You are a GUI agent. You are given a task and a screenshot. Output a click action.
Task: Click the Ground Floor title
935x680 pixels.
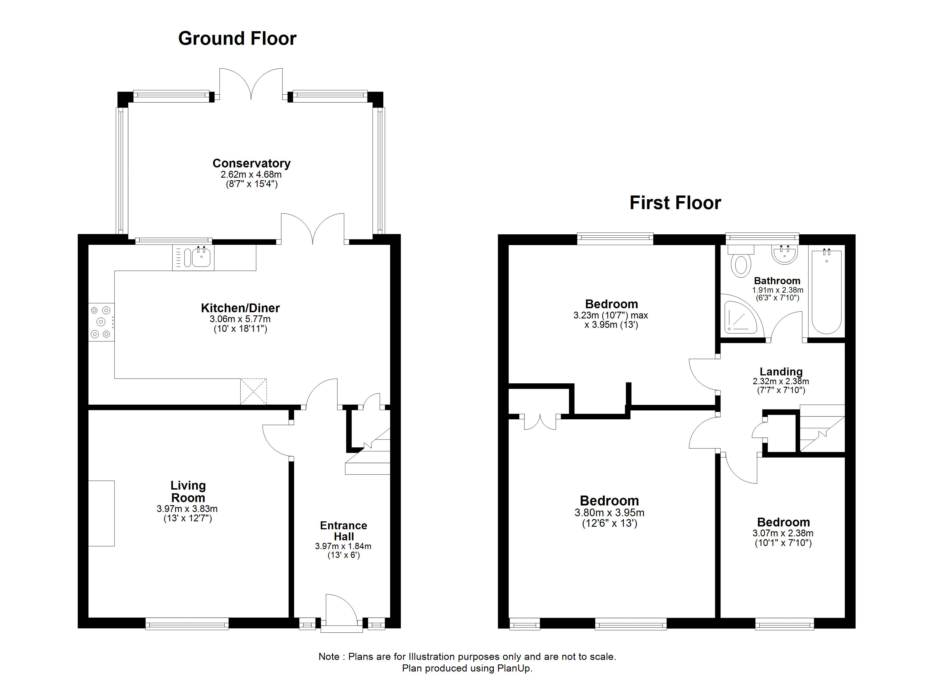pos(237,39)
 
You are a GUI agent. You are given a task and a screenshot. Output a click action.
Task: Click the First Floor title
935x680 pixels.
pos(675,203)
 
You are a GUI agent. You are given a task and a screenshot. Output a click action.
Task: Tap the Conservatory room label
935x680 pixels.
pos(252,163)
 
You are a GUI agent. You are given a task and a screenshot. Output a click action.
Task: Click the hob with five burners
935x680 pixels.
pos(101,322)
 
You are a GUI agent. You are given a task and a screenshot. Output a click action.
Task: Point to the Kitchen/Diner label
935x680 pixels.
pos(240,308)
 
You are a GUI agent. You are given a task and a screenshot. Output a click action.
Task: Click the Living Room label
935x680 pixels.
pos(188,492)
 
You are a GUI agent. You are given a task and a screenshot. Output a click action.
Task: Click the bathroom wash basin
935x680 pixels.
pos(785,255)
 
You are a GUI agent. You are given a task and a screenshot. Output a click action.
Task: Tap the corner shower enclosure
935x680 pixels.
pos(740,317)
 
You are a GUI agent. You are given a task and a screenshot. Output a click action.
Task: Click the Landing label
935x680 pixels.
pos(781,371)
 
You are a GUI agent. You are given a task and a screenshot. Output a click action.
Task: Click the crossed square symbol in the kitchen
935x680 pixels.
pos(254,391)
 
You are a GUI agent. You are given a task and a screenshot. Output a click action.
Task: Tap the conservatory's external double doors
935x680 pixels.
pos(251,84)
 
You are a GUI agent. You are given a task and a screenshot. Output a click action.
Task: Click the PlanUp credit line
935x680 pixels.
pos(467,668)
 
